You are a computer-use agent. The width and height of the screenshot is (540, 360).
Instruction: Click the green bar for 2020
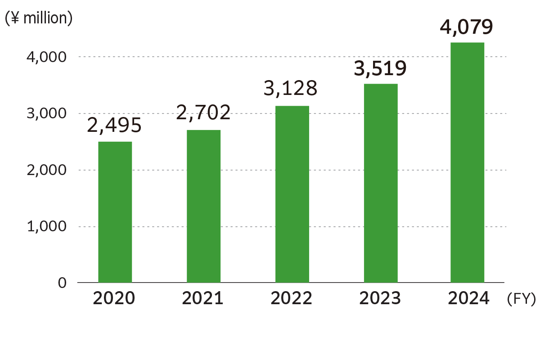click(x=115, y=212)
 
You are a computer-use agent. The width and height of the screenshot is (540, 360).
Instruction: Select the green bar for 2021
click(x=203, y=206)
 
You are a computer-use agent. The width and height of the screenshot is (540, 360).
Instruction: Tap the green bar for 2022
click(x=292, y=194)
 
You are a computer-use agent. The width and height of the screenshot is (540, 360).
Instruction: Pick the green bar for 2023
click(x=381, y=183)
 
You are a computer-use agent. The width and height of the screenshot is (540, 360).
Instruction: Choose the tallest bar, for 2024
click(x=468, y=162)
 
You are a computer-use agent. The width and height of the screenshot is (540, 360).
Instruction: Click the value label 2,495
click(x=114, y=126)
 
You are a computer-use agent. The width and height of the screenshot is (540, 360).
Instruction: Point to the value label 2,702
click(x=203, y=112)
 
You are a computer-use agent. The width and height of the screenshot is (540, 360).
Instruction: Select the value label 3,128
click(x=291, y=89)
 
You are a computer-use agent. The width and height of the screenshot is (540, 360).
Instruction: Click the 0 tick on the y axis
click(x=62, y=283)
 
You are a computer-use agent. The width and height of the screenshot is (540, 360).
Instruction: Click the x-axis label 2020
click(x=114, y=298)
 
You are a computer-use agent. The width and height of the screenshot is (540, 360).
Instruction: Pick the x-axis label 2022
click(x=292, y=298)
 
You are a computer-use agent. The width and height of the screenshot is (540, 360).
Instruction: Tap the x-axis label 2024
click(x=468, y=298)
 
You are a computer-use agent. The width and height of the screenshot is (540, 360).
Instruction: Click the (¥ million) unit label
click(x=38, y=19)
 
